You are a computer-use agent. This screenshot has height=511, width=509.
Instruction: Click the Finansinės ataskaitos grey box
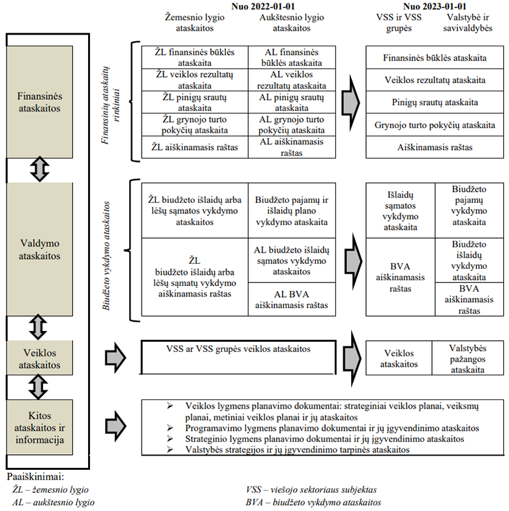point(40,102)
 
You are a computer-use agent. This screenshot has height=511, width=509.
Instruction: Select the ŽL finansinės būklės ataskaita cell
point(194,57)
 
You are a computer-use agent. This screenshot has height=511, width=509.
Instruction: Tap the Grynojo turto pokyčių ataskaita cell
point(435,125)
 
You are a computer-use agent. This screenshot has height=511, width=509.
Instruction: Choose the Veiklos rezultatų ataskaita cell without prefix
point(435,80)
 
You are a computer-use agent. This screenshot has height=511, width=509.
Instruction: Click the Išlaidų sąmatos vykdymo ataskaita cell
point(399,210)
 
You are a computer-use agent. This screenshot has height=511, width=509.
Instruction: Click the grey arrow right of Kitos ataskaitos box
point(116,423)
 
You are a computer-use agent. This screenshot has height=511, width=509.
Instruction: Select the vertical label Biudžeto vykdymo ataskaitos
point(107,252)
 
